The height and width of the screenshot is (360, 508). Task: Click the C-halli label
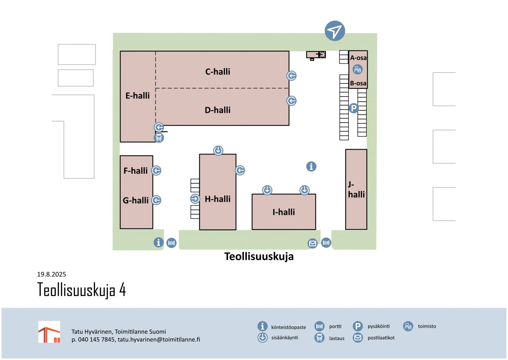pyautogui.click(x=217, y=72)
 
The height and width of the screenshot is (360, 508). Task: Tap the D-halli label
pyautogui.click(x=217, y=110)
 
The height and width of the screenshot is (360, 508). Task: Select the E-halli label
pyautogui.click(x=137, y=96)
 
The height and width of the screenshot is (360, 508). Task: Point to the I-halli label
pyautogui.click(x=283, y=212)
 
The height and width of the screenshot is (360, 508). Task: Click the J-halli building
pyautogui.click(x=356, y=190)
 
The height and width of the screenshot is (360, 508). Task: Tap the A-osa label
pyautogui.click(x=358, y=58)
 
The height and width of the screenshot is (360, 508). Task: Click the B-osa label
pyautogui.click(x=358, y=83)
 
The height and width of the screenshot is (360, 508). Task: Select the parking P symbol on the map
pyautogui.click(x=354, y=108)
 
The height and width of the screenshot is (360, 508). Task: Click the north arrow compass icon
pyautogui.click(x=335, y=31)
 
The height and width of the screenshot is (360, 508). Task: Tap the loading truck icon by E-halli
pyautogui.click(x=159, y=138)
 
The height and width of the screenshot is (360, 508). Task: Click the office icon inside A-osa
pyautogui.click(x=358, y=70)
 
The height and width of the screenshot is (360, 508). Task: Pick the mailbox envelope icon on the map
pyautogui.click(x=313, y=243)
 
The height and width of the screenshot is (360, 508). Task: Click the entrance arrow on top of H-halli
pyautogui.click(x=218, y=150)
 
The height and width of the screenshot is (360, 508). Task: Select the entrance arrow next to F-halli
pyautogui.click(x=156, y=170)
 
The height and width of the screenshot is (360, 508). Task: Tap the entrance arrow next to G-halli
pyautogui.click(x=156, y=200)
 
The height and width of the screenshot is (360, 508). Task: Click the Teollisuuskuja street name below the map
pyautogui.click(x=259, y=256)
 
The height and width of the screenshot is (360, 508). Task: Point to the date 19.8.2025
pyautogui.click(x=51, y=274)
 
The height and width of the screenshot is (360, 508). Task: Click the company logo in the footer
pyautogui.click(x=49, y=332)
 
